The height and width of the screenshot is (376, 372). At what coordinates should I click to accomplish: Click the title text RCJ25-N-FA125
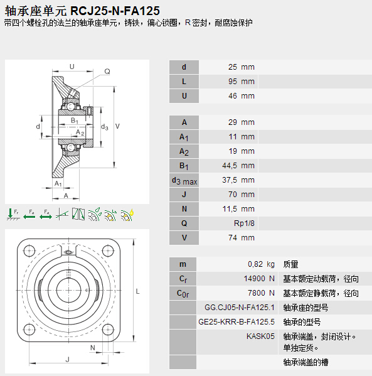pos(115,11)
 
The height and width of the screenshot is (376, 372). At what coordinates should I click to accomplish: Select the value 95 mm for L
pos(242,82)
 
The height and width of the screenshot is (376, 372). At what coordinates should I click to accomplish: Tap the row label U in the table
pos(184,96)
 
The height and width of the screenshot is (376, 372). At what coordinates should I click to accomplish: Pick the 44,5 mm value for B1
pos(238,166)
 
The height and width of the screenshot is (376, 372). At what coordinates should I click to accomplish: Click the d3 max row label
pos(184,181)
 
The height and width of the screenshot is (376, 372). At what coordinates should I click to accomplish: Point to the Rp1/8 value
pos(244,223)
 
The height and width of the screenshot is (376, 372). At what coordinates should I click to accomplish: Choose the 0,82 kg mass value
pos(261,264)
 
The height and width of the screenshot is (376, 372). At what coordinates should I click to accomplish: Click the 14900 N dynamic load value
pos(259,279)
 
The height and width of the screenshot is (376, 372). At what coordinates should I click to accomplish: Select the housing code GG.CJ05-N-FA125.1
pos(240,308)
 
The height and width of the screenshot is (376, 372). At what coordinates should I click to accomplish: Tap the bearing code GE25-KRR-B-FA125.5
pos(236,322)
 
